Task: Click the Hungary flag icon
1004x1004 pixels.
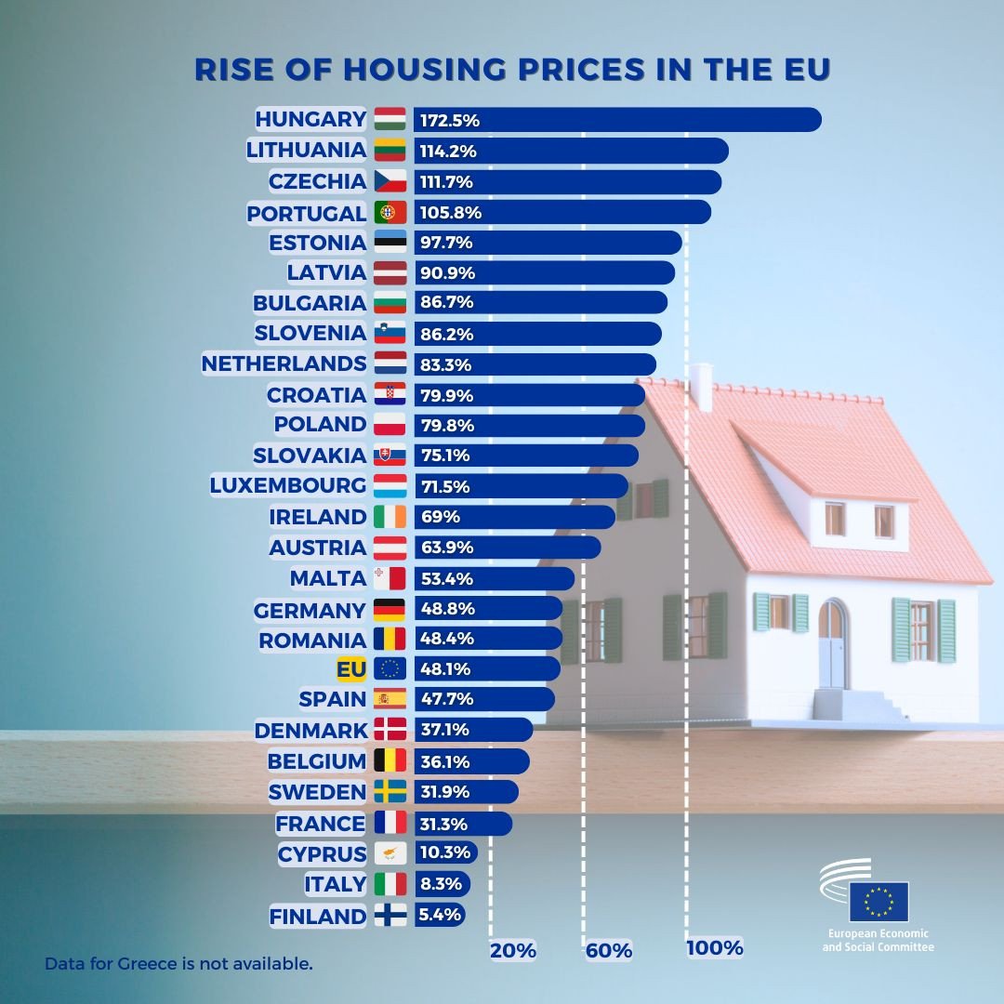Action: (390, 120)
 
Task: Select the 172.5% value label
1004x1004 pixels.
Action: (449, 120)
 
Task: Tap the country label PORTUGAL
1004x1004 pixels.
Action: (307, 213)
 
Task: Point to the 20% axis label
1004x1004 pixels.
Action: (513, 950)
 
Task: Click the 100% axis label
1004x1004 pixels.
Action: (715, 948)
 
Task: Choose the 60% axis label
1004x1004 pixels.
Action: (609, 950)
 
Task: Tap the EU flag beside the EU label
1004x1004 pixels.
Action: (390, 668)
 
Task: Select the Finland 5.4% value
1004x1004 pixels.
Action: (440, 915)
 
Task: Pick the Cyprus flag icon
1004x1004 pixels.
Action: (390, 853)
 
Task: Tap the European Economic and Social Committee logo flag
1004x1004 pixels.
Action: (878, 901)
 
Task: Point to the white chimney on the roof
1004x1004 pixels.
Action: (702, 387)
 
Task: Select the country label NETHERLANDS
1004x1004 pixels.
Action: (284, 363)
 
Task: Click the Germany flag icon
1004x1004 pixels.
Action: (390, 610)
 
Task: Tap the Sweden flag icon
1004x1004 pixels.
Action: (390, 792)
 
